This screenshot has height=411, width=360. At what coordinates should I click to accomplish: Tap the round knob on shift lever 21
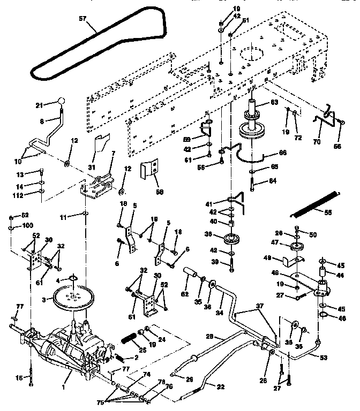point(62,102)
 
